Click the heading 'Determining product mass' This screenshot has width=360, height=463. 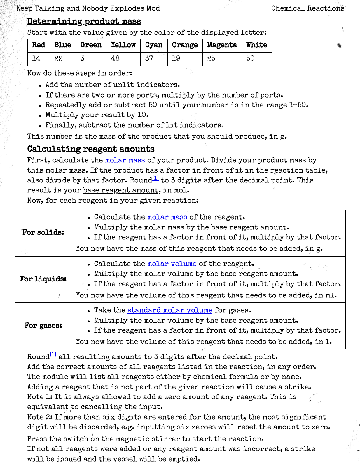coord(84,21)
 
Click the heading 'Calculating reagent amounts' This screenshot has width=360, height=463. coord(91,149)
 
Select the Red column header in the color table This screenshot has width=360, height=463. coord(39,45)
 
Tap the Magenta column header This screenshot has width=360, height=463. coord(222,45)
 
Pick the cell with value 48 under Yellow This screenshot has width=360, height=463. coord(115,58)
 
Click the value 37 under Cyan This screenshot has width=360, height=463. coord(149,58)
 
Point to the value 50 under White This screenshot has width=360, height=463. coord(250,58)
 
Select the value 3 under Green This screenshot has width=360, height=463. coord(82,58)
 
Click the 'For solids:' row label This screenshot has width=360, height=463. coord(43,232)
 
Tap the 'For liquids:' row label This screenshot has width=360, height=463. coord(43,279)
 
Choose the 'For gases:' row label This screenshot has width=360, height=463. coord(43,325)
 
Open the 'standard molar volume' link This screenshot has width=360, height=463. coord(169,310)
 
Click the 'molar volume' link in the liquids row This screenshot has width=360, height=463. coord(172,264)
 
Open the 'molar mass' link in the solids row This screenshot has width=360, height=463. coord(167,217)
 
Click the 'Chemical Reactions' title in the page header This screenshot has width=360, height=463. coord(308,8)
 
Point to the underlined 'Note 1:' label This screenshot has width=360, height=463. coord(40,397)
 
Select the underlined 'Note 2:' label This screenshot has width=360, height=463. coord(40,417)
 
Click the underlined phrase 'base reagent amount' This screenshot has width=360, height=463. coord(121,190)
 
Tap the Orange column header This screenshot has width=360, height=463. coord(185,45)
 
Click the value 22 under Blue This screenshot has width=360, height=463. coord(59,58)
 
